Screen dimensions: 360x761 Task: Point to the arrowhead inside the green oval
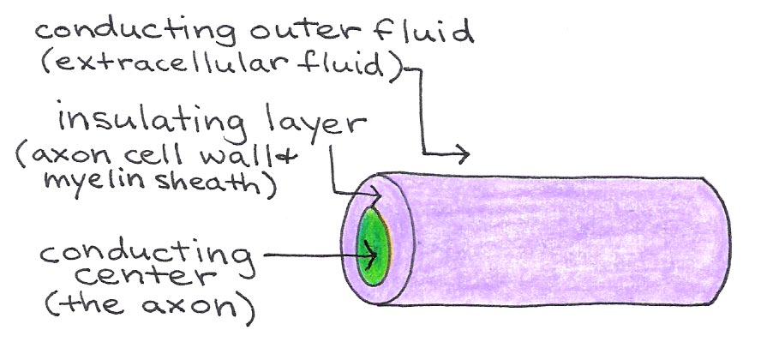(x=375, y=254)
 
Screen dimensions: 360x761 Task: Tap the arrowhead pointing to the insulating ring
(x=363, y=195)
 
